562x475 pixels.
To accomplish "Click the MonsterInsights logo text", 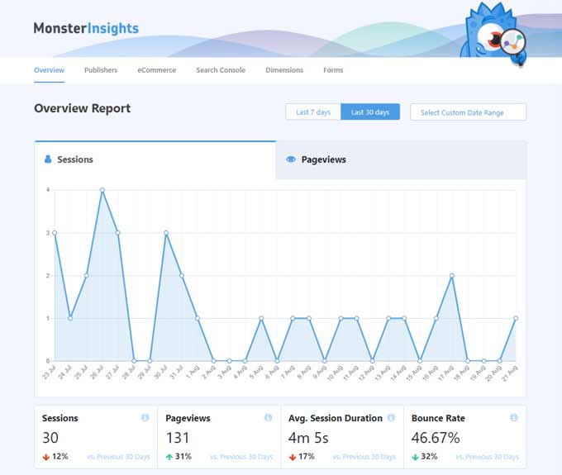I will point(86,28).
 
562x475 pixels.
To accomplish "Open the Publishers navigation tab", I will point(101,70).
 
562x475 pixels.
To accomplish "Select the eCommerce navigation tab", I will point(156,70).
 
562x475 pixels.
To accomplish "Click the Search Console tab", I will point(221,70).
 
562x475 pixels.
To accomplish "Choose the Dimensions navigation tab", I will point(284,70).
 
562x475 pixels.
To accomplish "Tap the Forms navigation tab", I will point(333,70).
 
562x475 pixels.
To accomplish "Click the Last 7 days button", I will point(313,112).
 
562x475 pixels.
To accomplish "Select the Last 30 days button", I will point(369,112).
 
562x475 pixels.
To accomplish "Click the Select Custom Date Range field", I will point(468,112).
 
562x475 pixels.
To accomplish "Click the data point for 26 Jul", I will point(102,190).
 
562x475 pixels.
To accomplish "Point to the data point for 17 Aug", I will point(452,275).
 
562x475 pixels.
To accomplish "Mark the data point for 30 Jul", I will point(166,233).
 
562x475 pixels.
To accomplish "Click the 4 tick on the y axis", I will point(48,190).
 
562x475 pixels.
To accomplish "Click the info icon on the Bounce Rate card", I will point(514,418).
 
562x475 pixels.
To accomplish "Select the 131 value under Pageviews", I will point(178,437).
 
